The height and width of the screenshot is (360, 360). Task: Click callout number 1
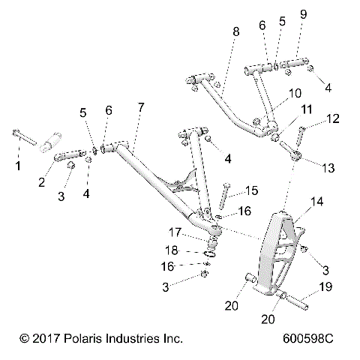(18, 164)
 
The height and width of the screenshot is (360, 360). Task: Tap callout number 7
(140, 109)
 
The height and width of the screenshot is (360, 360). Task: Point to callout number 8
(236, 33)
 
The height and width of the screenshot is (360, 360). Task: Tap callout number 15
(251, 190)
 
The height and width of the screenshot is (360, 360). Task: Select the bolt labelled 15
(224, 197)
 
